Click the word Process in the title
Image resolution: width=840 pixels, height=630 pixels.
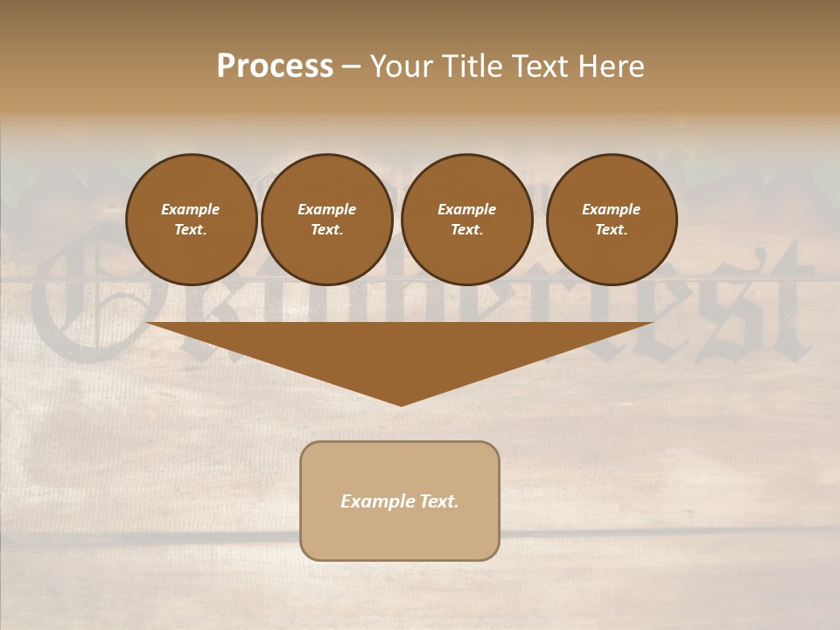click(275, 66)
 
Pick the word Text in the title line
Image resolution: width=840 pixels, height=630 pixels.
click(538, 66)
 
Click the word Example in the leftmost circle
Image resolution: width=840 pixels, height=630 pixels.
click(191, 209)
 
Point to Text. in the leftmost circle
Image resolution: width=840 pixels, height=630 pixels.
click(191, 229)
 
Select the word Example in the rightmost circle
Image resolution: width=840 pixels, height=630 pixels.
click(611, 209)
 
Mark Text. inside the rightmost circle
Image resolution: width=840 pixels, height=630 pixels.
click(611, 229)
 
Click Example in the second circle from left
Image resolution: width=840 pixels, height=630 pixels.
click(326, 209)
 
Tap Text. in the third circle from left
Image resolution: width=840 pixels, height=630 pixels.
click(466, 229)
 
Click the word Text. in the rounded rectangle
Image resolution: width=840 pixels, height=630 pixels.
click(437, 501)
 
